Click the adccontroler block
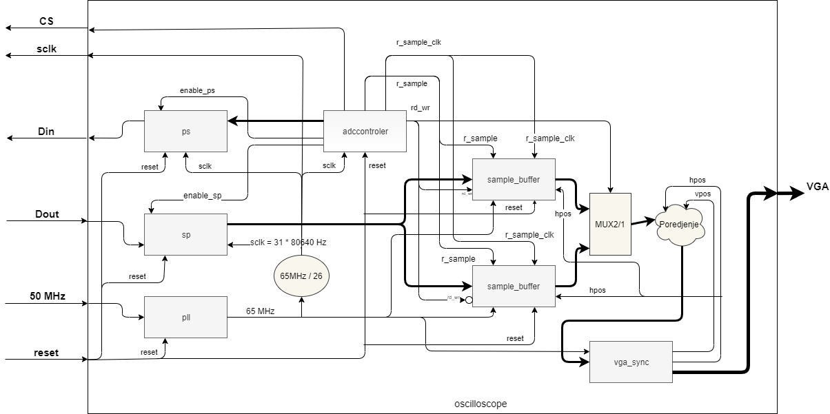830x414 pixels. (365, 131)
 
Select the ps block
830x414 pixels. (185, 131)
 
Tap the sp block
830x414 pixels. (185, 234)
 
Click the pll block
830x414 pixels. (185, 317)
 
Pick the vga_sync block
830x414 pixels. (630, 362)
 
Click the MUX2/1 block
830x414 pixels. (609, 224)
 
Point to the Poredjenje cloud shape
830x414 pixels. (681, 225)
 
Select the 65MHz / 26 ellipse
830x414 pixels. (301, 276)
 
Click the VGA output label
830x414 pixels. (818, 187)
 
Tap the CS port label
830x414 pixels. (46, 21)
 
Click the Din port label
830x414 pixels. (46, 132)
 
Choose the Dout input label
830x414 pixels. (47, 214)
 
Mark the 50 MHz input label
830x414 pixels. (47, 296)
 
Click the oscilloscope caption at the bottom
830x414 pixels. (481, 403)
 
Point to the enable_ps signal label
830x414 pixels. (197, 90)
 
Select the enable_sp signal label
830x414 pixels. (202, 196)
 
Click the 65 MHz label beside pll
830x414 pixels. (261, 311)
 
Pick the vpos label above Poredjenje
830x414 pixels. (702, 194)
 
